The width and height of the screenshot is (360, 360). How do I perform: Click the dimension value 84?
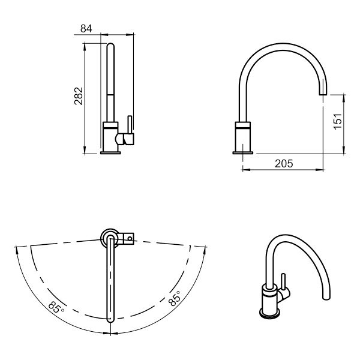tap(86, 29)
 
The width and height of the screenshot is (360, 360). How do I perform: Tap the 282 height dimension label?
tap(79, 96)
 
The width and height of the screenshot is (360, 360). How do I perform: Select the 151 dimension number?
tap(338, 121)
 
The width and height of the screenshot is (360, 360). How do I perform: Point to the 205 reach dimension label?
tap(284, 164)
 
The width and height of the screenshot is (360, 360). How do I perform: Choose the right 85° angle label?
tap(175, 298)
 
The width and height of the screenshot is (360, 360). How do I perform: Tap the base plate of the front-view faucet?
tap(110, 153)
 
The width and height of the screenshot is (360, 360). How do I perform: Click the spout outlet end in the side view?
tap(323, 94)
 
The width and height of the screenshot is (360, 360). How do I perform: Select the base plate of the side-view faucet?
tap(243, 153)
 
